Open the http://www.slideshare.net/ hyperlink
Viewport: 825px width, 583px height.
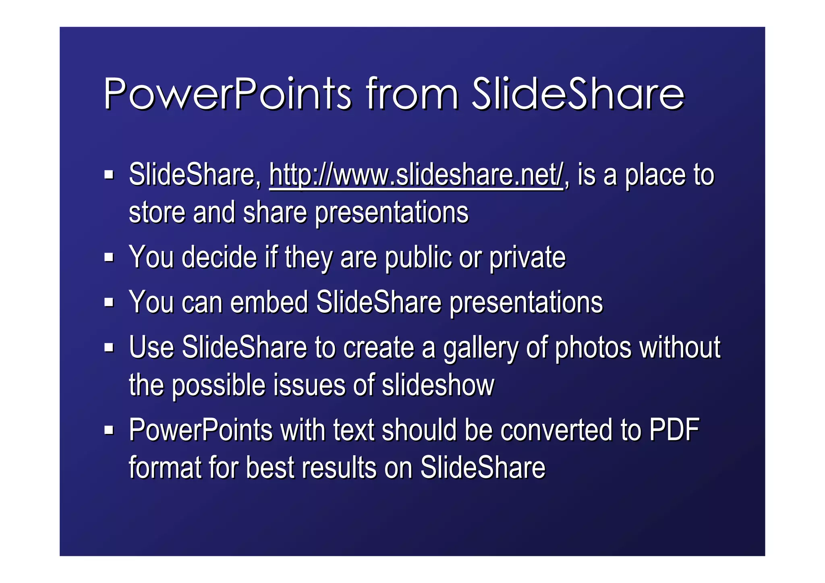pos(416,176)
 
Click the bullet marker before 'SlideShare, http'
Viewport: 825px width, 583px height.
pos(109,175)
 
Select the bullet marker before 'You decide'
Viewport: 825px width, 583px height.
pos(109,257)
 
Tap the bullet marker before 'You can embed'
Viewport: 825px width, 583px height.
pos(109,302)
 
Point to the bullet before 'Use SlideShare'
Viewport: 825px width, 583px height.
pos(109,347)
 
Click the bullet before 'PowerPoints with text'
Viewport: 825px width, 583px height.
pos(109,430)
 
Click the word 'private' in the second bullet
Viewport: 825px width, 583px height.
pos(527,258)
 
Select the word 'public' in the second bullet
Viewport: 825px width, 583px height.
pos(418,258)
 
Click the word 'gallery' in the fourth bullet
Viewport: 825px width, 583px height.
pos(481,348)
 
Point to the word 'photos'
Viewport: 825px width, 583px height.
pos(593,348)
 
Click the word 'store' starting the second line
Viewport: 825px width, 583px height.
pos(157,213)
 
